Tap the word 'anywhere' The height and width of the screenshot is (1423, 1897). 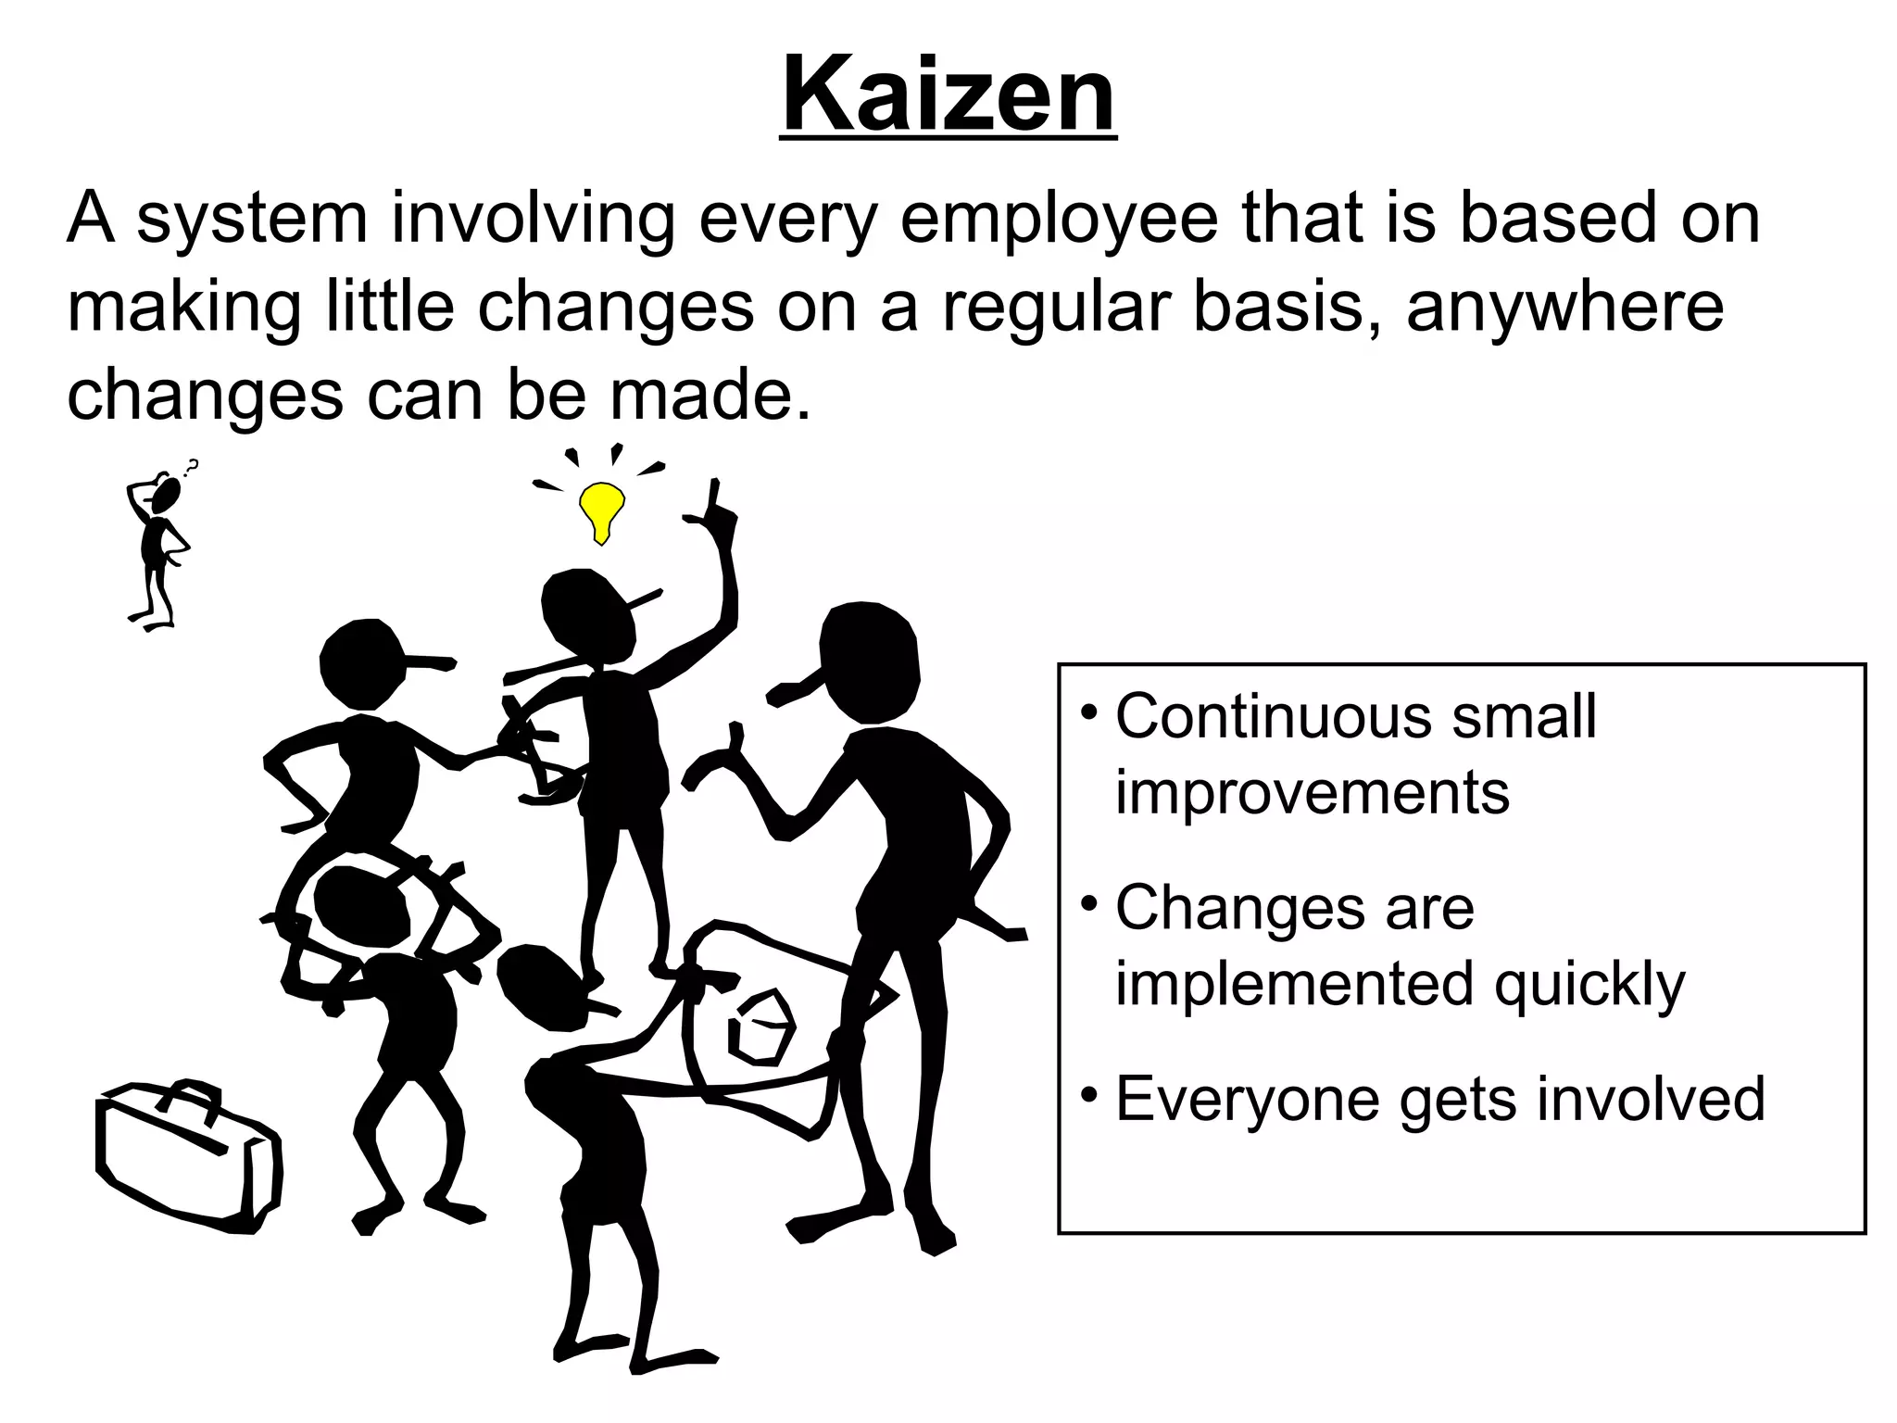coord(1564,308)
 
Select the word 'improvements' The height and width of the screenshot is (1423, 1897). coord(1312,793)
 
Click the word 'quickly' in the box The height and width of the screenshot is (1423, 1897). coord(1589,986)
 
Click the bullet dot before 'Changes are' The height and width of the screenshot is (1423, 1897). coord(1090,902)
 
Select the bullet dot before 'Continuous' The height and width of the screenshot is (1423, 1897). coord(1090,713)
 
